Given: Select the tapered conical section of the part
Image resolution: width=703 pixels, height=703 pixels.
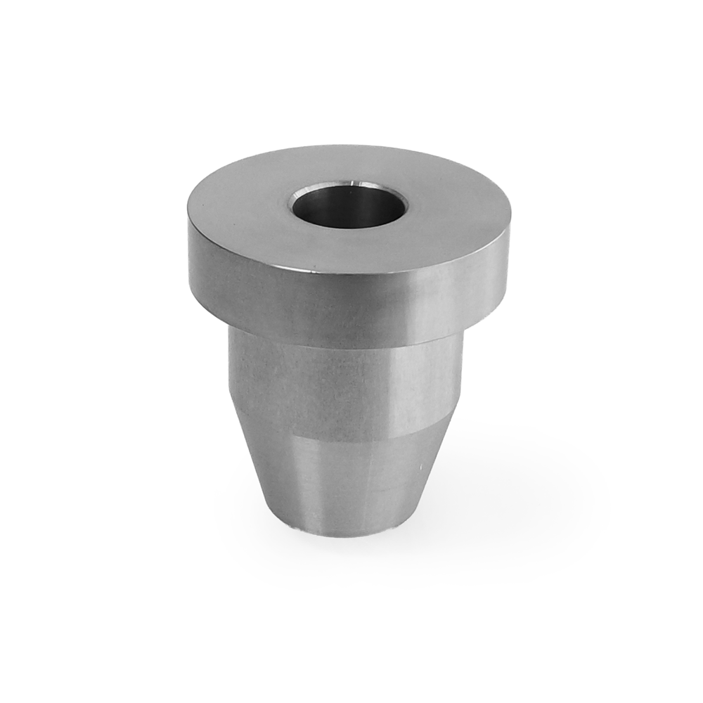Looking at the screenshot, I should [x=344, y=478].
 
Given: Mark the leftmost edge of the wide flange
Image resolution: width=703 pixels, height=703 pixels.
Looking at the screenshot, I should [x=188, y=246].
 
